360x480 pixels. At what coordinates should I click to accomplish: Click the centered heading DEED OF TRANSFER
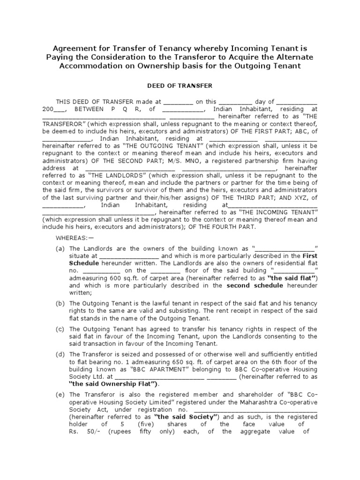(180, 86)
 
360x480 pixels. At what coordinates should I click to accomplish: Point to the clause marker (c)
(60, 329)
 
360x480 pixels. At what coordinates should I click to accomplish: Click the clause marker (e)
(60, 395)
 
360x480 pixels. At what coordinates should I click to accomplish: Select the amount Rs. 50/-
(79, 431)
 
